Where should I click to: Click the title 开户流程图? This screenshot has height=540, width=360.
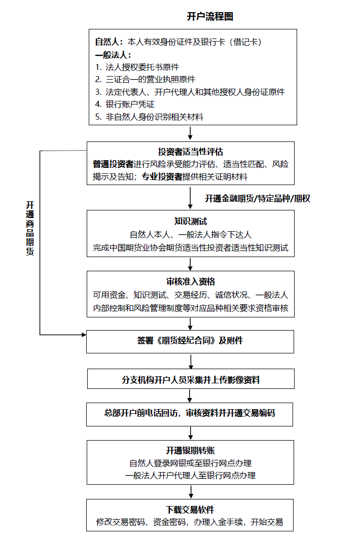[210, 17]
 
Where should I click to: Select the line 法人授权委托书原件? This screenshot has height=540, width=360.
[142, 67]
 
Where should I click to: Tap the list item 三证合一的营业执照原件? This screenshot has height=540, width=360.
[151, 80]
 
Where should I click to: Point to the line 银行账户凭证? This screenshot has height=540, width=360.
[130, 104]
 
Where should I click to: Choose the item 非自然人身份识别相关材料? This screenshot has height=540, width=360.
[154, 117]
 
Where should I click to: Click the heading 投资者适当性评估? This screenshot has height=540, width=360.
[191, 152]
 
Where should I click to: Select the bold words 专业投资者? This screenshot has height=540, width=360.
[162, 177]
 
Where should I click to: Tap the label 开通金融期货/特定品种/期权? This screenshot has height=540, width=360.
[258, 198]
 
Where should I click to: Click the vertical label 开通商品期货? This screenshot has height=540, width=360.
[30, 228]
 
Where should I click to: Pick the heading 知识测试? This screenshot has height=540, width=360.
[191, 222]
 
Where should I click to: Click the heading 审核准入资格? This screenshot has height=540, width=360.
[191, 282]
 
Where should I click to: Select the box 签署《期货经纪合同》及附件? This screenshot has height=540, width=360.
[190, 342]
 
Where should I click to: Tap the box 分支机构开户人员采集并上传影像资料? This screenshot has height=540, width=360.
[191, 379]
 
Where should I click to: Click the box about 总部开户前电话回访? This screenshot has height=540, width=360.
[190, 414]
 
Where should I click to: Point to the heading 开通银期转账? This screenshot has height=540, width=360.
[191, 450]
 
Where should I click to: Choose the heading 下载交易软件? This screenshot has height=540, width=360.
[190, 510]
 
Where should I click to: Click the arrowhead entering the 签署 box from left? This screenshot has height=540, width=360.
[84, 335]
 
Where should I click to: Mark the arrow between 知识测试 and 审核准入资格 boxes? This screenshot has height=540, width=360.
[190, 264]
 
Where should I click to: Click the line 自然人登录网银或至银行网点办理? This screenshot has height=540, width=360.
[191, 463]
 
